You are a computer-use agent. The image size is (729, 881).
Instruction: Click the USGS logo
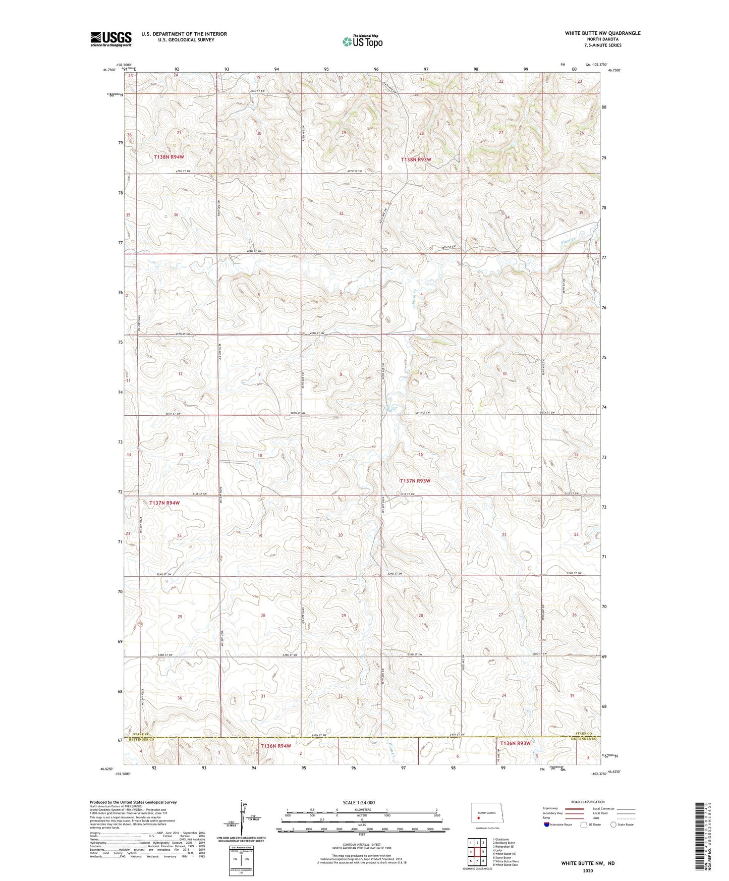click(x=111, y=39)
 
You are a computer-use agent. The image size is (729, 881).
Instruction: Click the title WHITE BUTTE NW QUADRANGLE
click(x=602, y=33)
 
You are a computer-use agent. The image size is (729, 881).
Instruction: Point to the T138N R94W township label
click(x=169, y=157)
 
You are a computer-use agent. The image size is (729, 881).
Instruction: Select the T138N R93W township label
click(x=416, y=159)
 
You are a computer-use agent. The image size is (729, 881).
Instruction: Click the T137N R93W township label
click(x=415, y=481)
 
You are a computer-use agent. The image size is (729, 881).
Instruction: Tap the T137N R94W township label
click(x=164, y=503)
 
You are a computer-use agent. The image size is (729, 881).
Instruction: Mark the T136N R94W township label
click(x=275, y=746)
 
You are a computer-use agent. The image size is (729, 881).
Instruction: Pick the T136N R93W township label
click(x=515, y=743)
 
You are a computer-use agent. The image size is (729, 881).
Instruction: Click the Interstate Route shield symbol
click(x=546, y=824)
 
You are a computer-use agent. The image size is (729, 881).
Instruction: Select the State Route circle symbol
click(x=613, y=824)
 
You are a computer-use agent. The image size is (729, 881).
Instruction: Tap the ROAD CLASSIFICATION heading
click(x=588, y=802)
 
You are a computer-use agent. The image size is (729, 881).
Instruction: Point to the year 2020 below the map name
click(x=588, y=870)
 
